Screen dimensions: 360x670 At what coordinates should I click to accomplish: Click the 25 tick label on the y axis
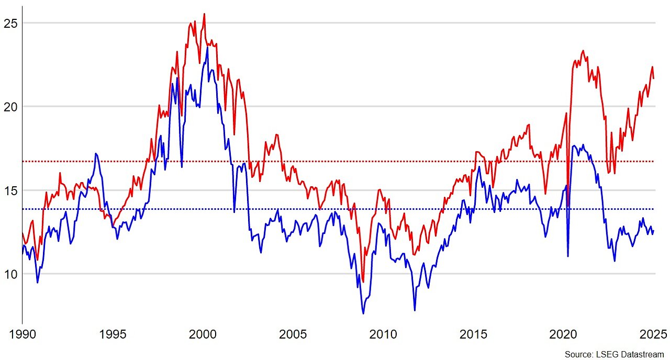click(x=11, y=23)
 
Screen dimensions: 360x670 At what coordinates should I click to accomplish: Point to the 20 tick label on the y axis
click(x=11, y=107)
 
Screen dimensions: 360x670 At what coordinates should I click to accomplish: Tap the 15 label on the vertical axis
click(x=11, y=190)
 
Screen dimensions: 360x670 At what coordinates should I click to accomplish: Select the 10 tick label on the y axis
click(x=11, y=274)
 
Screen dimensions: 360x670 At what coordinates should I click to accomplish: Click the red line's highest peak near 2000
click(x=204, y=14)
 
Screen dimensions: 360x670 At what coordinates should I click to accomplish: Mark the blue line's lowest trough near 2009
click(x=363, y=313)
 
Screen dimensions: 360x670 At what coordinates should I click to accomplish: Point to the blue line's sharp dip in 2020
click(x=568, y=256)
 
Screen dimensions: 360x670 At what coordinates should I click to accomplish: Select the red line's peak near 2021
click(x=583, y=51)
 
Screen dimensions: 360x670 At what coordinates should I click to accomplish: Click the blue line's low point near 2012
click(x=415, y=310)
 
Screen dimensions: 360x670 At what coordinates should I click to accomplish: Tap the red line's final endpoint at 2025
click(x=653, y=78)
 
